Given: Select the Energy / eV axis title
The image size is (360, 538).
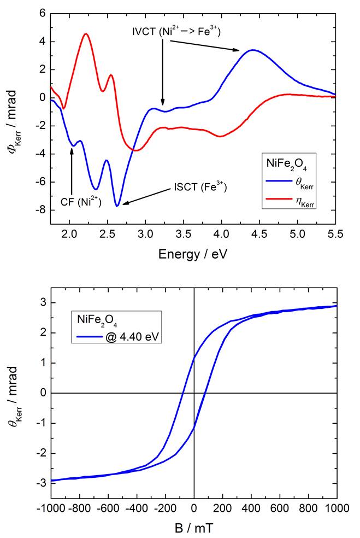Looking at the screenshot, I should pyautogui.click(x=192, y=254).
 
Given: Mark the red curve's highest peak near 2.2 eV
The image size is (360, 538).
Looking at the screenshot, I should pyautogui.click(x=86, y=34).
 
